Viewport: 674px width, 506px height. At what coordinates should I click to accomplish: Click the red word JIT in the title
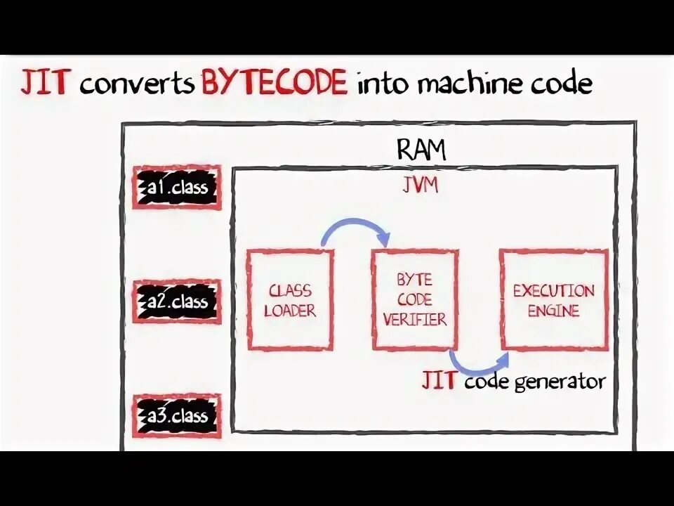pyautogui.click(x=46, y=84)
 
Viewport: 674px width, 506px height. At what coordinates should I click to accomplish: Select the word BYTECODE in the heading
pyautogui.click(x=274, y=84)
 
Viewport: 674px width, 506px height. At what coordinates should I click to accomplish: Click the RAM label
pyautogui.click(x=421, y=150)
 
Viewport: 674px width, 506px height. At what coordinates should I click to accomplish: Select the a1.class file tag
pyautogui.click(x=177, y=188)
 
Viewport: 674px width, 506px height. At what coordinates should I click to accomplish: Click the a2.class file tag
pyautogui.click(x=177, y=301)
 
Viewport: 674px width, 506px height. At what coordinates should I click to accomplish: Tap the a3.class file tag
pyautogui.click(x=177, y=415)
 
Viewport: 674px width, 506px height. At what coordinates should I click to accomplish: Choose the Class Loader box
pyautogui.click(x=290, y=300)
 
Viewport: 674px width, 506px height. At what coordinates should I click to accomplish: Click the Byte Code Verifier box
pyautogui.click(x=414, y=300)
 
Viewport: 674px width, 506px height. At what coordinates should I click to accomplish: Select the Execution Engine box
pyautogui.click(x=553, y=300)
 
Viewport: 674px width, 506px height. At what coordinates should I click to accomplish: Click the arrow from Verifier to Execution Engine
pyautogui.click(x=477, y=365)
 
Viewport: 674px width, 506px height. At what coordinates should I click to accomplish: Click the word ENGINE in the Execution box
pyautogui.click(x=553, y=310)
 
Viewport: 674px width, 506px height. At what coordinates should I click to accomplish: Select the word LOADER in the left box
pyautogui.click(x=290, y=310)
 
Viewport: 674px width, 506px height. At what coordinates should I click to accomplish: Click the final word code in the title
pyautogui.click(x=564, y=85)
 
